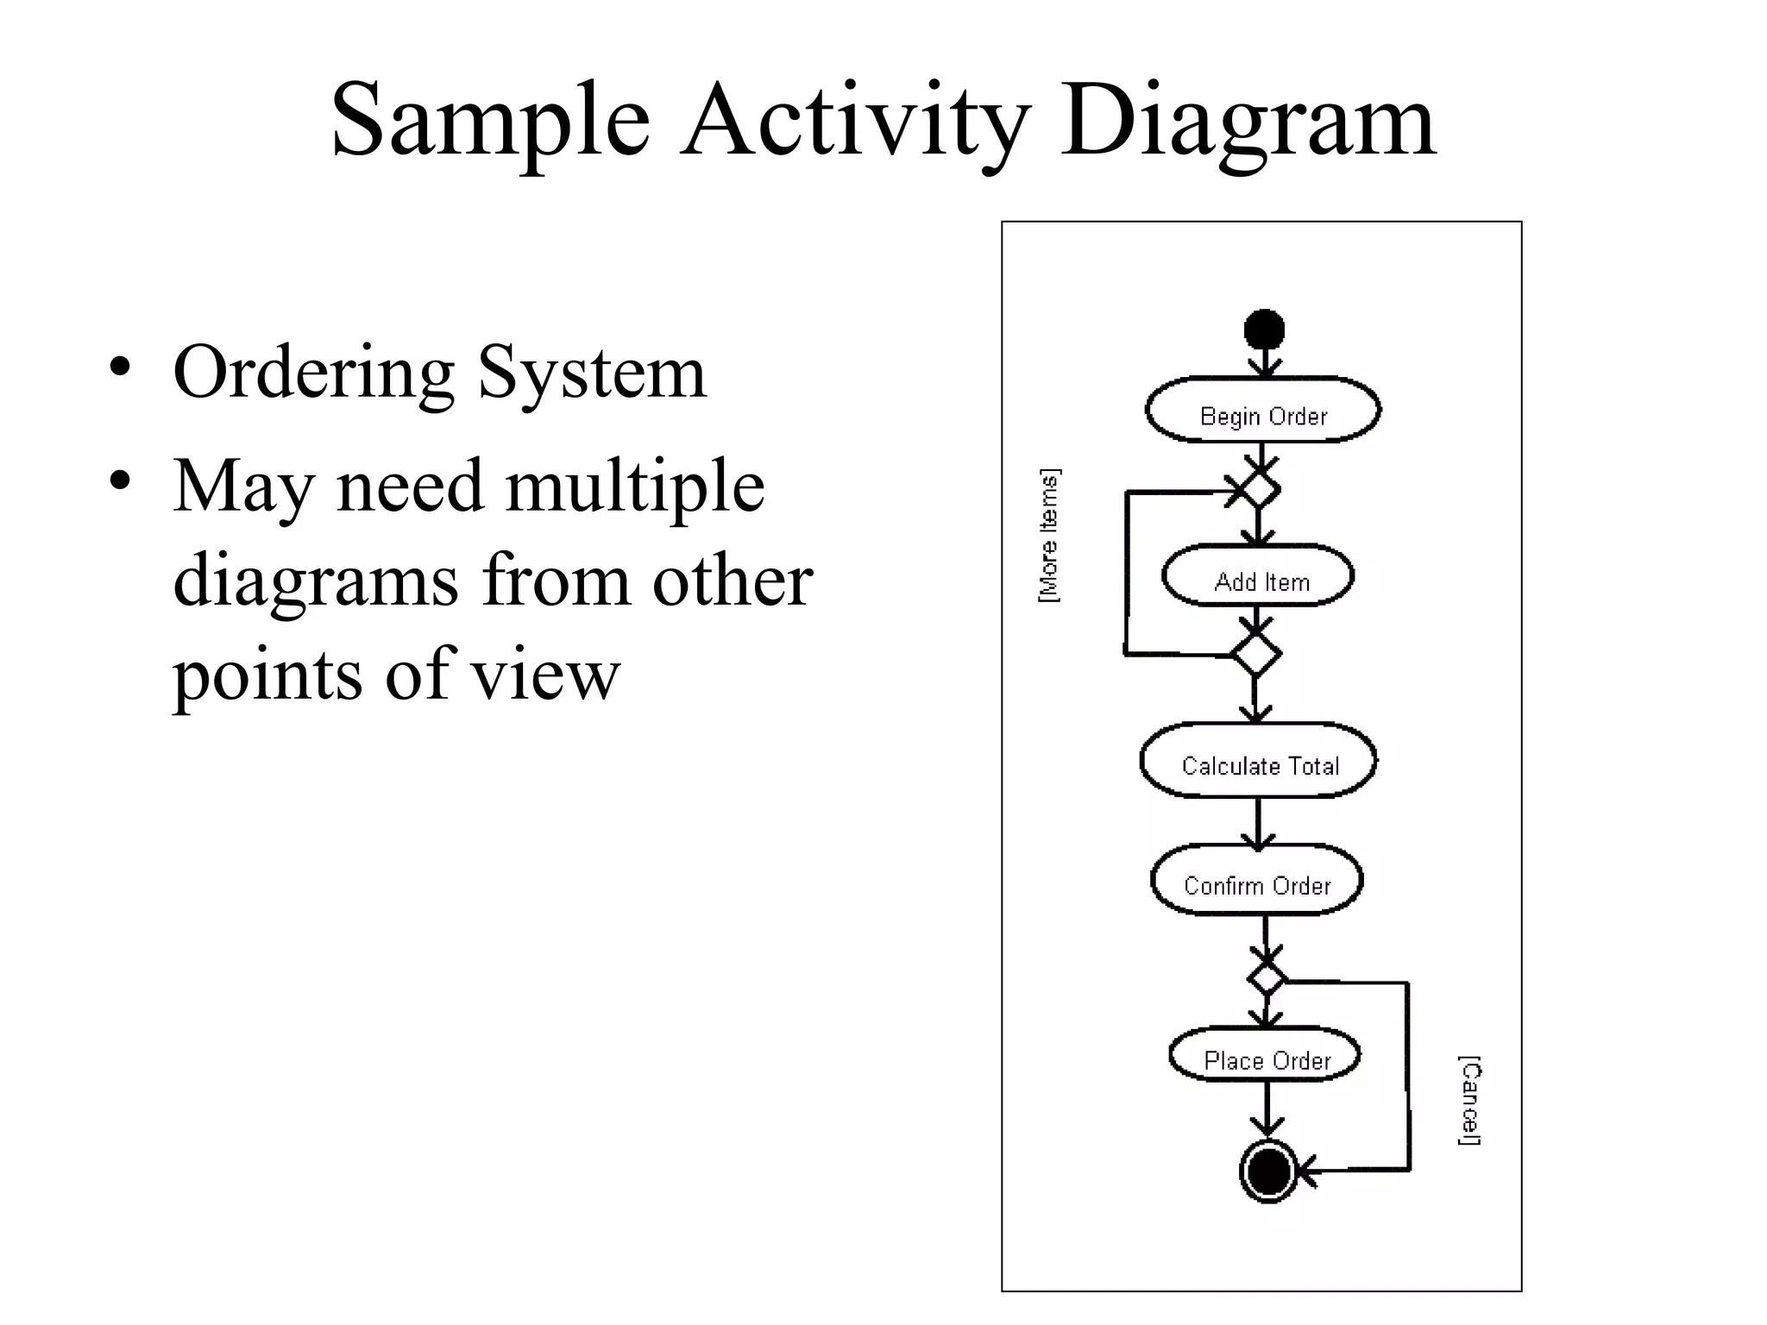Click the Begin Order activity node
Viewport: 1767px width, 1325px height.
pos(1263,411)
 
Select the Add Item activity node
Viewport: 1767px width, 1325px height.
pos(1258,576)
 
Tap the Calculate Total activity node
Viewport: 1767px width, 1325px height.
pos(1259,761)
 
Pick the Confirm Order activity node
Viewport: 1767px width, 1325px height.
pos(1257,881)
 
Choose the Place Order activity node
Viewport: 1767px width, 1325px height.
pos(1265,1055)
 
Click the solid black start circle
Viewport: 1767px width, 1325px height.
pos(1265,330)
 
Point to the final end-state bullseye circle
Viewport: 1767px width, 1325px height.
pos(1268,1171)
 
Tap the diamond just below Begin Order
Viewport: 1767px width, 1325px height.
pos(1258,490)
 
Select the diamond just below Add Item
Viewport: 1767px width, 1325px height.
pos(1255,655)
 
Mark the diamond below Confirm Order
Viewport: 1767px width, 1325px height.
pos(1267,979)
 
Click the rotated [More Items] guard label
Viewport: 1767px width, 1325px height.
pos(1049,536)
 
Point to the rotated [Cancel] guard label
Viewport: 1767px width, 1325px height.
pos(1469,1100)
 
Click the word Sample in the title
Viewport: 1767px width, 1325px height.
pos(490,121)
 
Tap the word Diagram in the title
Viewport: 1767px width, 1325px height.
pos(1248,121)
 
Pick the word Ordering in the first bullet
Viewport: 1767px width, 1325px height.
pos(313,373)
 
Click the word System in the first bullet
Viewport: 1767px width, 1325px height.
pos(592,373)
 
